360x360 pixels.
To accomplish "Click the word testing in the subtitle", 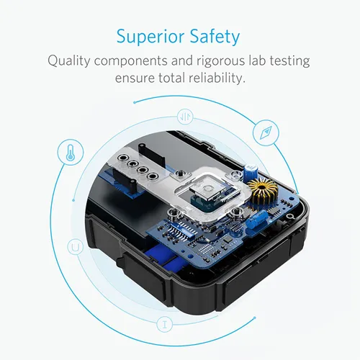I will pyautogui.click(x=289, y=60).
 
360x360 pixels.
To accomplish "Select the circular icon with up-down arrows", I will pyautogui.click(x=186, y=115).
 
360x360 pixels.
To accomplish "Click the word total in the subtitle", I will pyautogui.click(x=166, y=77).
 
